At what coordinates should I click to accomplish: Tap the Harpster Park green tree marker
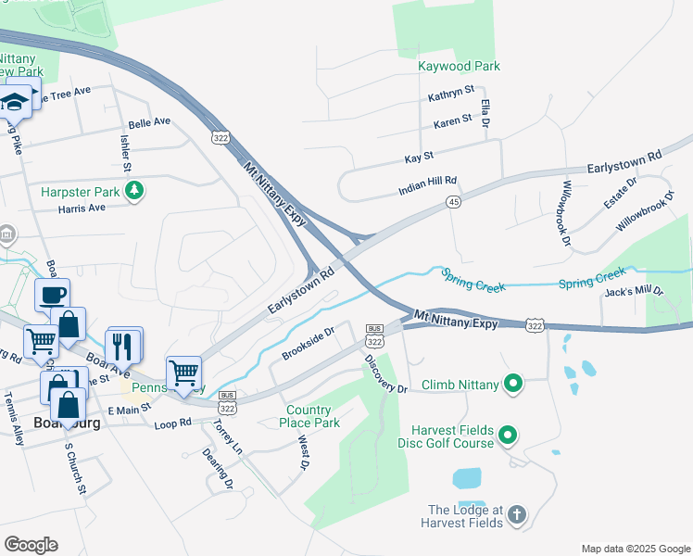(136, 191)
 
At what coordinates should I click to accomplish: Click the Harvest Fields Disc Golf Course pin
(507, 435)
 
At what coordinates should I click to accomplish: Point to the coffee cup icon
(52, 296)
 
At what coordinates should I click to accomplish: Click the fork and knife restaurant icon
(122, 347)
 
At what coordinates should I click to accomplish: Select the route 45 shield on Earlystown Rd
(453, 202)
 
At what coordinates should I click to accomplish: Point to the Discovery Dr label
(385, 373)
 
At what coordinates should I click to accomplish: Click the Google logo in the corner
(31, 545)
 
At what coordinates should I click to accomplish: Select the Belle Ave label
(149, 122)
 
